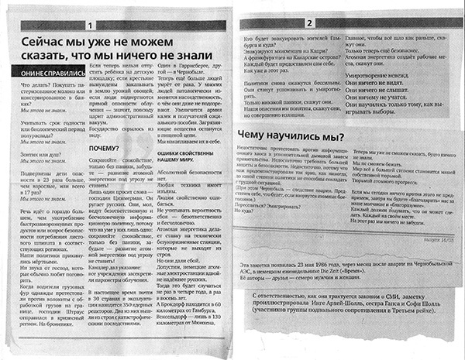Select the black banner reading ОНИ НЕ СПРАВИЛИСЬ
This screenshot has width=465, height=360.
coord(43,72)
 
